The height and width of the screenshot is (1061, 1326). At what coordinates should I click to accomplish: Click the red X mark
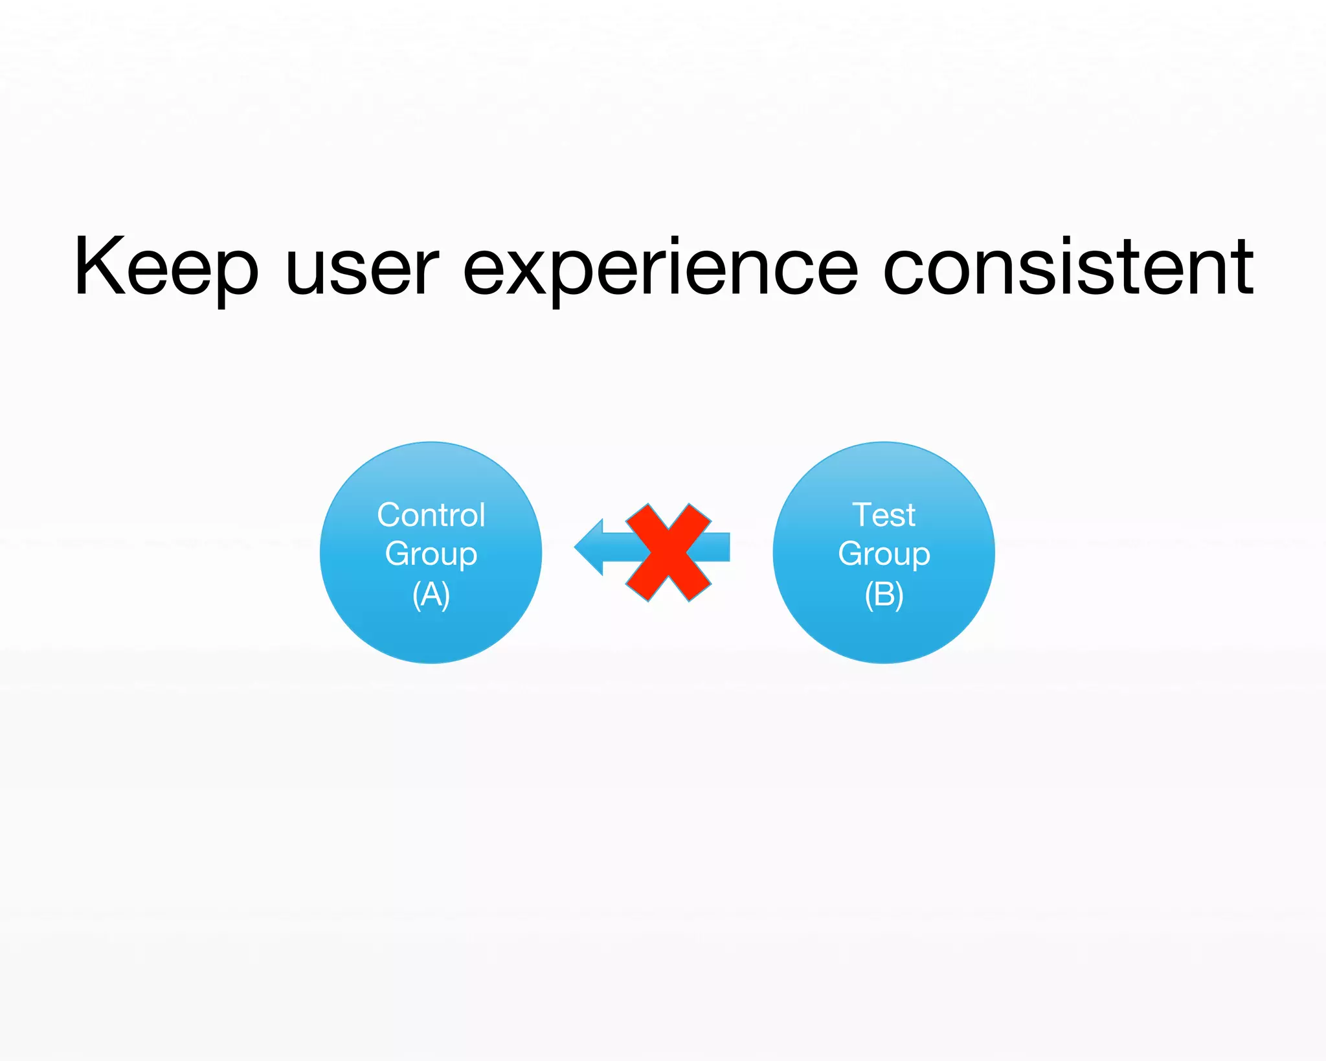pyautogui.click(x=668, y=553)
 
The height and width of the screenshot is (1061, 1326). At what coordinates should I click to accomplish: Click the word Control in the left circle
pyautogui.click(x=431, y=516)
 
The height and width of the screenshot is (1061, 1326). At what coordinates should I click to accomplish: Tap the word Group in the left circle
pyautogui.click(x=431, y=554)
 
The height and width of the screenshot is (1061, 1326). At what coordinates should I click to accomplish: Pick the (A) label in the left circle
pyautogui.click(x=431, y=594)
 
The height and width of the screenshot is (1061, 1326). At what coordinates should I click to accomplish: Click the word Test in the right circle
pyautogui.click(x=883, y=516)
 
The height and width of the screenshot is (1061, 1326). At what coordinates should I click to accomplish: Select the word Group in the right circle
pyautogui.click(x=883, y=554)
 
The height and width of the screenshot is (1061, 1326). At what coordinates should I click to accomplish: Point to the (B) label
pyautogui.click(x=883, y=594)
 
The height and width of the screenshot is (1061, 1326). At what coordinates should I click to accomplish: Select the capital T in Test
pyautogui.click(x=864, y=515)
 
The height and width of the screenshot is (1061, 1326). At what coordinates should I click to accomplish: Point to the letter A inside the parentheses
pyautogui.click(x=431, y=594)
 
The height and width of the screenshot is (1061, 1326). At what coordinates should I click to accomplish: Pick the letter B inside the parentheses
pyautogui.click(x=884, y=594)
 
